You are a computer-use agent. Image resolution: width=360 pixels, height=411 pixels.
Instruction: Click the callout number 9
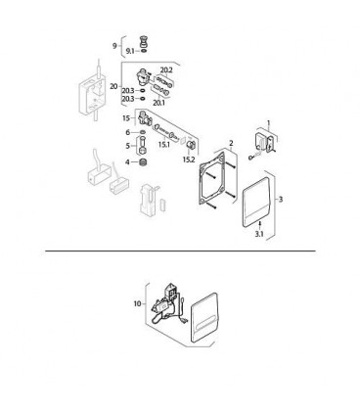114,46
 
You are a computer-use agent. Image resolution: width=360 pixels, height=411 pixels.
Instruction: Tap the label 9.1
130,51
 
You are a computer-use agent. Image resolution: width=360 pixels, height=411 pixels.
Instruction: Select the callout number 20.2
166,70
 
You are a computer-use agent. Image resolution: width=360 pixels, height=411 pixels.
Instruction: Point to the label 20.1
159,103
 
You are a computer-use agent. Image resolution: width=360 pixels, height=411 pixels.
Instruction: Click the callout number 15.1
164,144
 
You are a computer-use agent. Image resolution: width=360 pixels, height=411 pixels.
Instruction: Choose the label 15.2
189,160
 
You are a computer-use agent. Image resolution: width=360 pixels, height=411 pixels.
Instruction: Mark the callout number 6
128,132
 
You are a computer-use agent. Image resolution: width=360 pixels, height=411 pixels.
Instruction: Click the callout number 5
128,146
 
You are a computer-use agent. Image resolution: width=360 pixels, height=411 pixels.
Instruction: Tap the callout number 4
127,162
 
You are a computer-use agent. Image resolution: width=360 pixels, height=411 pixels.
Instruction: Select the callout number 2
231,143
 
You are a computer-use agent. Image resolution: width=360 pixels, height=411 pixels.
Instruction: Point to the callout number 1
269,123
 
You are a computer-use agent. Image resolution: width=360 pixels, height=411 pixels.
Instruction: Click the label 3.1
259,234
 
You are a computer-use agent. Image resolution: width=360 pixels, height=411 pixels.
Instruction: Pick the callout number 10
138,303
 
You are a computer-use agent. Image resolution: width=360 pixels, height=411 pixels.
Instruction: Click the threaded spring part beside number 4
143,162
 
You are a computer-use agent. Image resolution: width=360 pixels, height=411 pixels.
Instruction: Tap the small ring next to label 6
143,132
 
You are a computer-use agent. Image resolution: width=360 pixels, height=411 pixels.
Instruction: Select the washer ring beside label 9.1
144,51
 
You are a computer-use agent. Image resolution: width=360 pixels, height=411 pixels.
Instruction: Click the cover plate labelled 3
256,203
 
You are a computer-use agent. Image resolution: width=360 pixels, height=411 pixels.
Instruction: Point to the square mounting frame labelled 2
201,183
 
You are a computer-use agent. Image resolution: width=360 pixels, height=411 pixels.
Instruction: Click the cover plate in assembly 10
203,318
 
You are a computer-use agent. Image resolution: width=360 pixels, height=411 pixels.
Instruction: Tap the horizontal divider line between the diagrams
180,251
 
